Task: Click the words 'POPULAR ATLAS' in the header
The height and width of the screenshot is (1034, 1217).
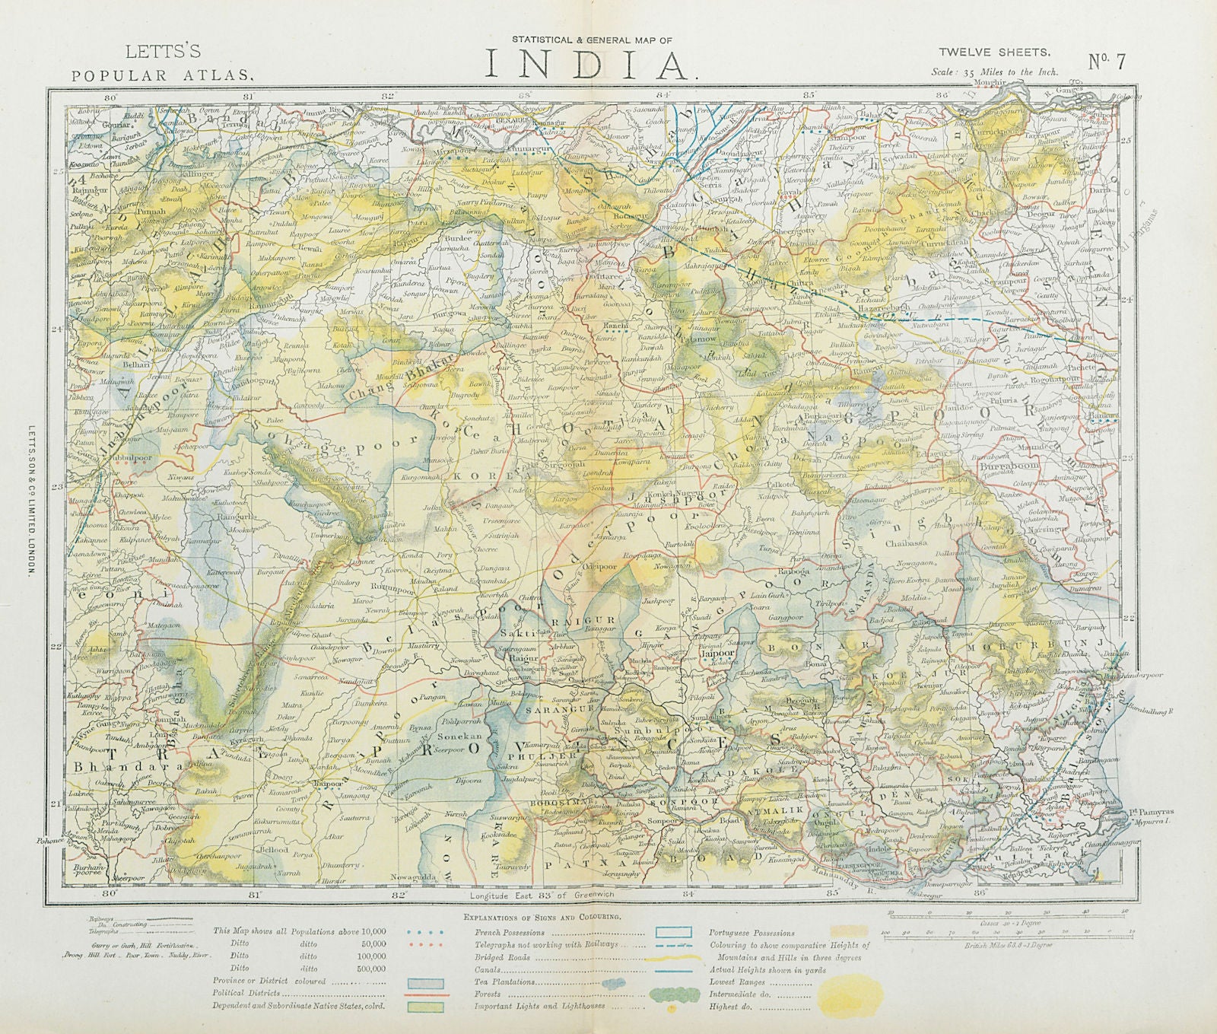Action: pyautogui.click(x=161, y=75)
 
